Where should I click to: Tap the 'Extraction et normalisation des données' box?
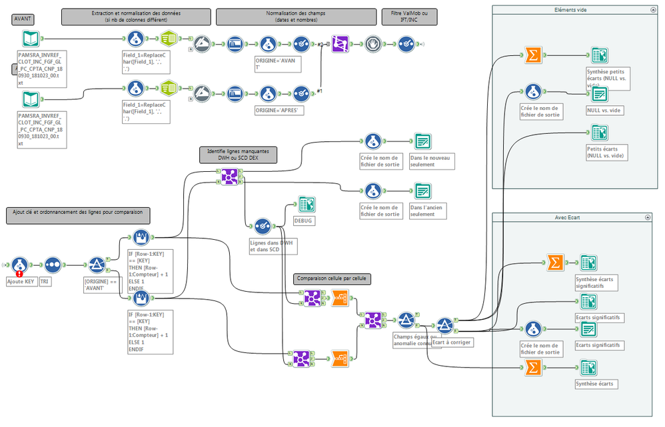pos(136,17)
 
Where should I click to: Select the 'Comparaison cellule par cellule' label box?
pos(332,279)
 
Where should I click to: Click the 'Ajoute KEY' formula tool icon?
pos(19,264)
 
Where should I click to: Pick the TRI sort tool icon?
pos(53,264)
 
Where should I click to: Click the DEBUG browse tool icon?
pos(307,205)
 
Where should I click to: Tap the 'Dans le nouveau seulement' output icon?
pos(422,141)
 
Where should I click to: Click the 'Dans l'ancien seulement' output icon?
pos(422,191)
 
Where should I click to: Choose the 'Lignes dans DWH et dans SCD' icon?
pos(263,226)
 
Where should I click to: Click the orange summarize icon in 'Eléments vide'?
pos(532,56)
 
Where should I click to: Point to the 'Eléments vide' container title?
pos(570,10)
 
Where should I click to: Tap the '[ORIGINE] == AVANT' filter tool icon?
pos(97,265)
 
